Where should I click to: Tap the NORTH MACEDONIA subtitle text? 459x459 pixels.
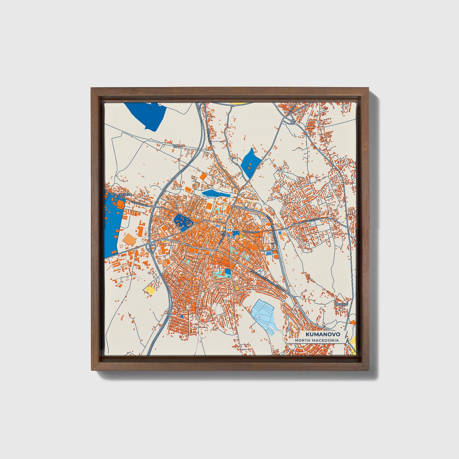[x=317, y=340]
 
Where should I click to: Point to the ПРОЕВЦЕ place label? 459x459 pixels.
[x=342, y=304]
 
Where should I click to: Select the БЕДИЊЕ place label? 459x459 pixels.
[x=123, y=194]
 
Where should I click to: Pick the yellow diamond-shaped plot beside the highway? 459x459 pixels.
[x=150, y=289]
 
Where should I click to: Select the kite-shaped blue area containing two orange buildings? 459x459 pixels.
[x=251, y=162]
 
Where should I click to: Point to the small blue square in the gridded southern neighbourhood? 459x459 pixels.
[x=182, y=316]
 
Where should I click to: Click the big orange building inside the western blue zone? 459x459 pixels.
[x=120, y=203]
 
